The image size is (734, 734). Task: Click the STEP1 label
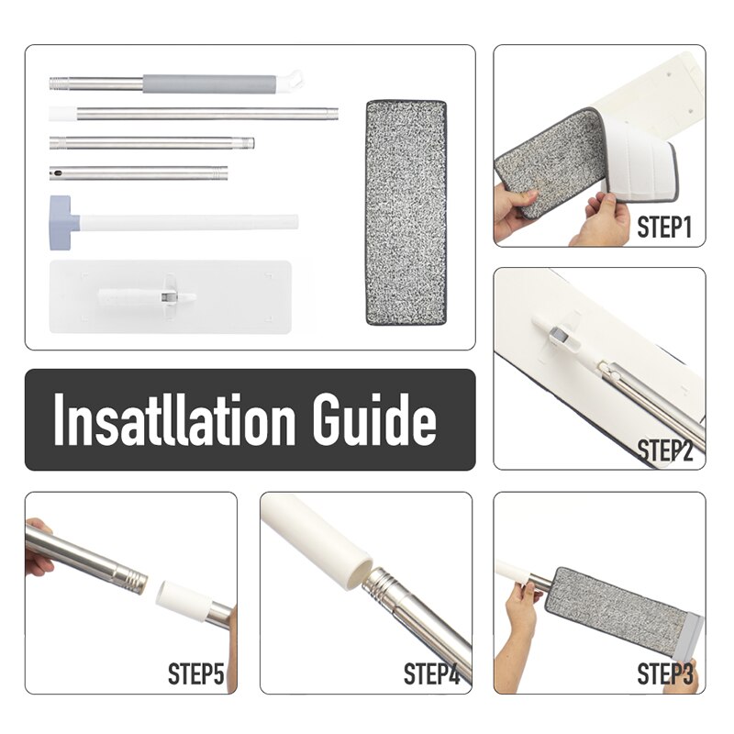664,227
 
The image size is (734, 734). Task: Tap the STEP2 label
664,450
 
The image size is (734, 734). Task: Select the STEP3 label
664,673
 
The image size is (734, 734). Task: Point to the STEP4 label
431,673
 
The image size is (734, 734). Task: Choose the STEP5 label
195,673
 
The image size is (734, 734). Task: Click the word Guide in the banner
374,419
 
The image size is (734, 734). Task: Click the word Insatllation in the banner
174,419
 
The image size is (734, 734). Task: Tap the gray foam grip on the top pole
209,83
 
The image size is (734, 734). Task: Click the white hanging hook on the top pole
290,81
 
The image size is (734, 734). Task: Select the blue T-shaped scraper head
63,222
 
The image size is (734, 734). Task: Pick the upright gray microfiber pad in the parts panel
406,212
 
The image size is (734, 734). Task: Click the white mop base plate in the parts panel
171,296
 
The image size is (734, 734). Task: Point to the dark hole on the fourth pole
57,173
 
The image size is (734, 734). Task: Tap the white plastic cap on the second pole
62,114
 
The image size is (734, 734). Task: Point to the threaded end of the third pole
247,143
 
